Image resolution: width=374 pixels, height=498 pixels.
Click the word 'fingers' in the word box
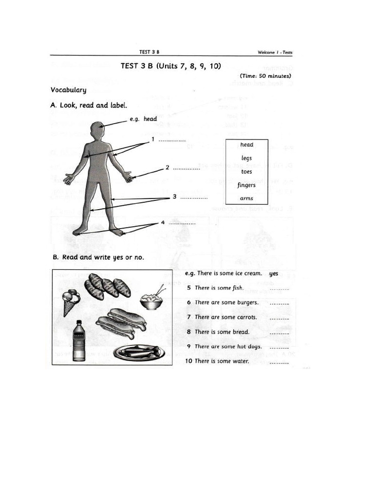[246, 185]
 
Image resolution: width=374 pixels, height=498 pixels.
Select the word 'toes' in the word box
[246, 172]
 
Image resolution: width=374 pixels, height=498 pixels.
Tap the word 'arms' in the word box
[246, 198]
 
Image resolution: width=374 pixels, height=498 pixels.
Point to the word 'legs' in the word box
[246, 158]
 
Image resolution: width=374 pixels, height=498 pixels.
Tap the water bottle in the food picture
[79, 341]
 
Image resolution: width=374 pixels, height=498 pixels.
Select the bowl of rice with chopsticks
[152, 301]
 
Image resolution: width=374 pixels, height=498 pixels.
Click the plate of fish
[139, 352]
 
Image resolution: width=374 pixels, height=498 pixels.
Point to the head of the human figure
[97, 130]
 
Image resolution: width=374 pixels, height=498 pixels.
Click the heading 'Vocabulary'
[68, 90]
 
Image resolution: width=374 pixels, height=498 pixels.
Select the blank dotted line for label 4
[182, 223]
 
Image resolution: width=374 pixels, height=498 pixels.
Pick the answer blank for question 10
[279, 362]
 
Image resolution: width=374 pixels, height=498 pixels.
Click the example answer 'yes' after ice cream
[274, 273]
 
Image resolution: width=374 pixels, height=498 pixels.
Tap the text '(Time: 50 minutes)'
[265, 76]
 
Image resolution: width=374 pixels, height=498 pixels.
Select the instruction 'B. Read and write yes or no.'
[98, 257]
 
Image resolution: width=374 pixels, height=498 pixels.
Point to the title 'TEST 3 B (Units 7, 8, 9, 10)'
[170, 66]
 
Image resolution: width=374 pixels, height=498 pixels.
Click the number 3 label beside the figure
[174, 196]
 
